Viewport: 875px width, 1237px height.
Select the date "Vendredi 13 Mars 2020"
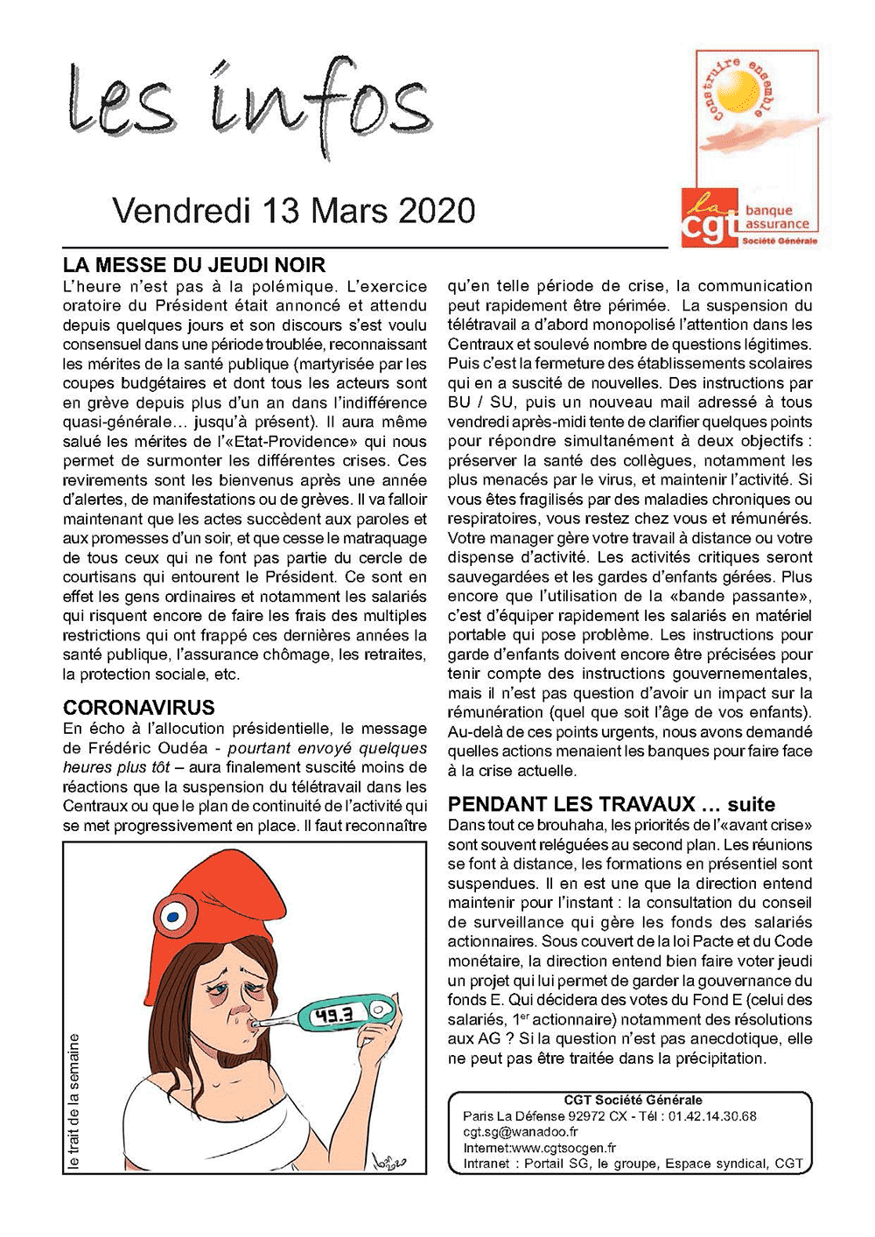click(294, 211)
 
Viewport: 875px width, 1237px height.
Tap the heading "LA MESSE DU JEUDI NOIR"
click(194, 265)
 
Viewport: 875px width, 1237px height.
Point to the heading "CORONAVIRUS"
click(139, 708)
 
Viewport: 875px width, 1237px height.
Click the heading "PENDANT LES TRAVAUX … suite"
click(612, 804)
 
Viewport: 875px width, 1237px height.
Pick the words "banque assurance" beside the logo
click(776, 217)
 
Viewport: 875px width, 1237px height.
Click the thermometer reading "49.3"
click(334, 1015)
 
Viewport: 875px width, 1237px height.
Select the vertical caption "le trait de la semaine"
click(74, 1102)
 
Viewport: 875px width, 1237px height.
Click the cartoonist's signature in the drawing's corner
click(389, 1159)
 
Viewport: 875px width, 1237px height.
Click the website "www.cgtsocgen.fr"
click(563, 1148)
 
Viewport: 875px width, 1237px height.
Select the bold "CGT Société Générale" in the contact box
click(633, 1101)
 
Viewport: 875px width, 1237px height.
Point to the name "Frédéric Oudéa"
click(148, 748)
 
